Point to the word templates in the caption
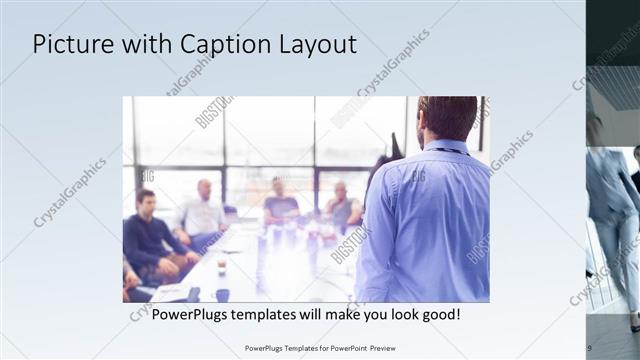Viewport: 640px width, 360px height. pos(277,314)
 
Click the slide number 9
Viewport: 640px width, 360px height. pos(588,347)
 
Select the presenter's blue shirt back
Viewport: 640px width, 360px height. pos(425,220)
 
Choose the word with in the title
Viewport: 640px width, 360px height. pos(144,45)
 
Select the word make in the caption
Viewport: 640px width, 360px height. pos(339,314)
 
